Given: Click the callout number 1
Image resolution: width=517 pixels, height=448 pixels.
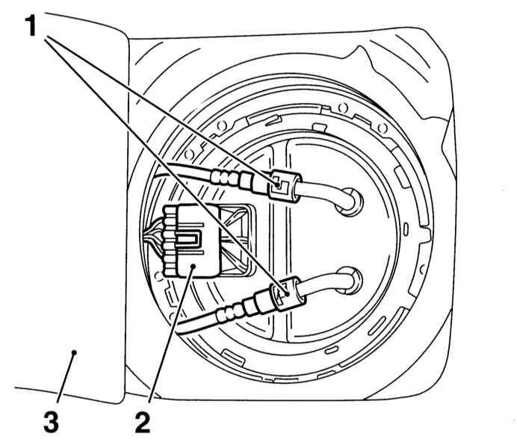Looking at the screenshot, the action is pos(31,26).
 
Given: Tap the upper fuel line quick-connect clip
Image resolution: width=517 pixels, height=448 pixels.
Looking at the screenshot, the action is pos(284,186).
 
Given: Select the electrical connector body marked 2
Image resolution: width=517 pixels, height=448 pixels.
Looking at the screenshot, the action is pos(191,240).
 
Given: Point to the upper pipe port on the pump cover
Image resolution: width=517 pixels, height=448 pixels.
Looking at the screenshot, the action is pos(350,202).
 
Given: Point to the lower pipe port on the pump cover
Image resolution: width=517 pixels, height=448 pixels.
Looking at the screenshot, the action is pos(350,281).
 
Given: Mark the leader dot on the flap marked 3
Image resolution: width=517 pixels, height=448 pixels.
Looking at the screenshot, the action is pos(74,352).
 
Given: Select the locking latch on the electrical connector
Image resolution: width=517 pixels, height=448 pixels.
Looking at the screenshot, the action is pos(188,238).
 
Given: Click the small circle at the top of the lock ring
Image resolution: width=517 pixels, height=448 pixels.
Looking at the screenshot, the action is pos(343,107).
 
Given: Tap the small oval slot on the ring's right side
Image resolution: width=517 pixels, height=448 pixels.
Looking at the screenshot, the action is pos(406,229).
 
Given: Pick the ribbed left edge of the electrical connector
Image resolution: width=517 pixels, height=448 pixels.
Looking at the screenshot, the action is pos(170,240).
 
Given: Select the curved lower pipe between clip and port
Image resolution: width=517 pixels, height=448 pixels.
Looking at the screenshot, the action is pos(325,286).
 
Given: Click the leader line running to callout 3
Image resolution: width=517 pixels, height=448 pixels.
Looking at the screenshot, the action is pos(66,378).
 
